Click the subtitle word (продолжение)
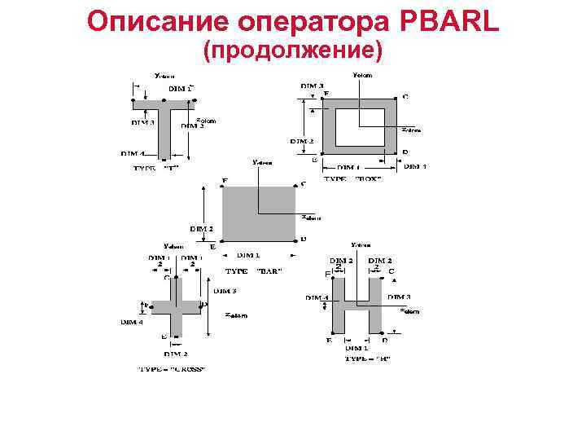point(293,51)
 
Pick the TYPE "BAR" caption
point(253,271)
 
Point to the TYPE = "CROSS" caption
point(171,369)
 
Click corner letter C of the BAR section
point(304,184)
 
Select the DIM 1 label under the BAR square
point(249,255)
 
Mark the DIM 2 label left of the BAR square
point(202,229)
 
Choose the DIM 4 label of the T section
point(133,153)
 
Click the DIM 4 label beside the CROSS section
point(132,322)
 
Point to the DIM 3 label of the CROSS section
point(225,290)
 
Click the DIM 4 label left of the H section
point(317,298)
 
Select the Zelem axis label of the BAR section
point(311,218)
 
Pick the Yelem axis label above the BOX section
point(361,75)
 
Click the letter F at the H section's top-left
point(326,274)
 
